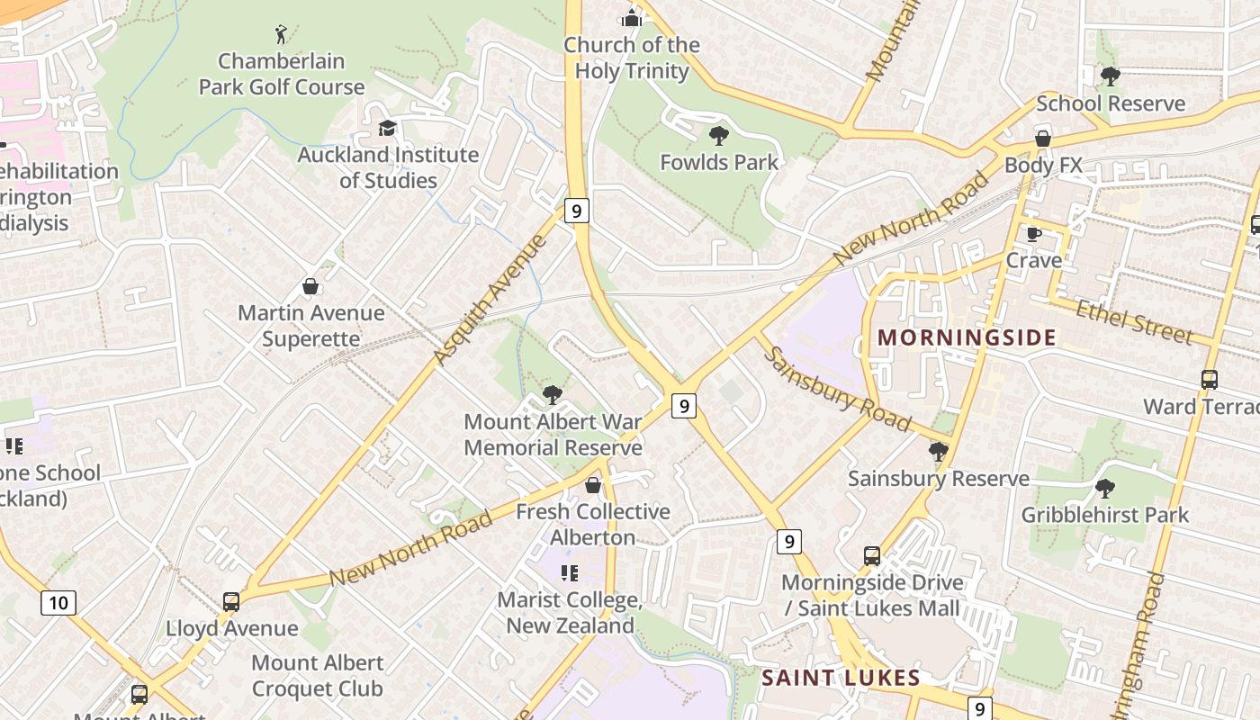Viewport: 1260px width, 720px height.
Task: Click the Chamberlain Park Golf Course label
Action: click(282, 74)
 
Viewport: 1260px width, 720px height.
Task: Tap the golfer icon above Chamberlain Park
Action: click(282, 35)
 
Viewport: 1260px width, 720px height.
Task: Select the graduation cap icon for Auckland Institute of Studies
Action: click(387, 129)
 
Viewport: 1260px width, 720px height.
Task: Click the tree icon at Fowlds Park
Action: click(718, 137)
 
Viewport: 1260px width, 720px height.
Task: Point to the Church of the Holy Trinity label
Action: click(632, 58)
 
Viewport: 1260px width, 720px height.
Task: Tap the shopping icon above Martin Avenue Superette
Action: click(310, 286)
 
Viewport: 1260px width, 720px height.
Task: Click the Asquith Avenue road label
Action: click(490, 300)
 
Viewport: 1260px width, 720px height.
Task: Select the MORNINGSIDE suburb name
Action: click(967, 337)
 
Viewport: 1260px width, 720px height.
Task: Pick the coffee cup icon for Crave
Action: click(1034, 234)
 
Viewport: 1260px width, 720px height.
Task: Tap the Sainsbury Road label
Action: click(838, 389)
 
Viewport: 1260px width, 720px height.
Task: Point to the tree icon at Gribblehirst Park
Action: click(1104, 489)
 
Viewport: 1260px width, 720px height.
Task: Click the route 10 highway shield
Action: click(58, 602)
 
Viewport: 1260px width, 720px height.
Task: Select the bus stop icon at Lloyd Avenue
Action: click(231, 602)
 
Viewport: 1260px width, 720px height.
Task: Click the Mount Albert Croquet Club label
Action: click(317, 676)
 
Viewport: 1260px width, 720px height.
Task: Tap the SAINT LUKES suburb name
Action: click(841, 678)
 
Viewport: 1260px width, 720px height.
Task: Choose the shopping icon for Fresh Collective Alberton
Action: click(593, 486)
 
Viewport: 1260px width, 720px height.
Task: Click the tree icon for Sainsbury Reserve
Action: click(938, 452)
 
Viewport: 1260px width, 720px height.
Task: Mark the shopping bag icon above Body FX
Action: click(1043, 139)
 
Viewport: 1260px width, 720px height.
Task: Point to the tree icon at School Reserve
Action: click(1110, 76)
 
